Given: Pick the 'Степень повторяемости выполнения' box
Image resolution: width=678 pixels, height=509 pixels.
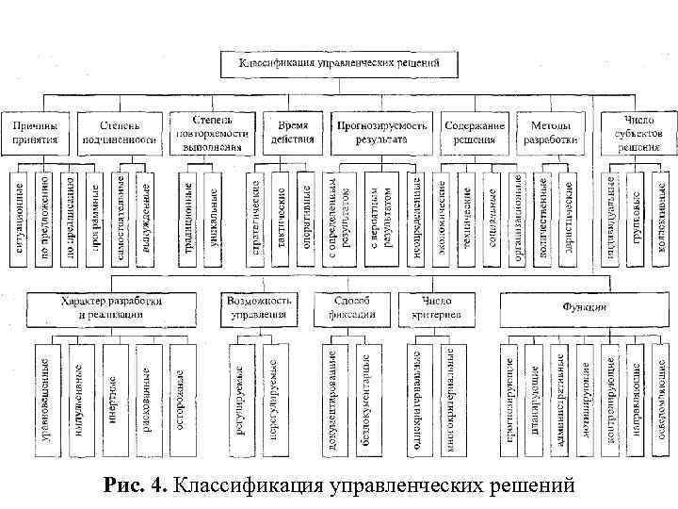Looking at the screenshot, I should click(212, 132).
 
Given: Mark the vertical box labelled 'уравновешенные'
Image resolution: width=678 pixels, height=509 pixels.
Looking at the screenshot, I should click(44, 386).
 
